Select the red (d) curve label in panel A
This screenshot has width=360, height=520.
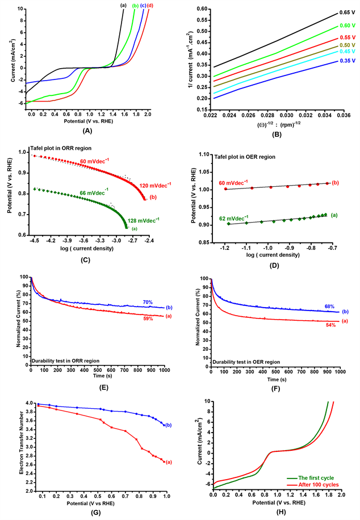point(150,6)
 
